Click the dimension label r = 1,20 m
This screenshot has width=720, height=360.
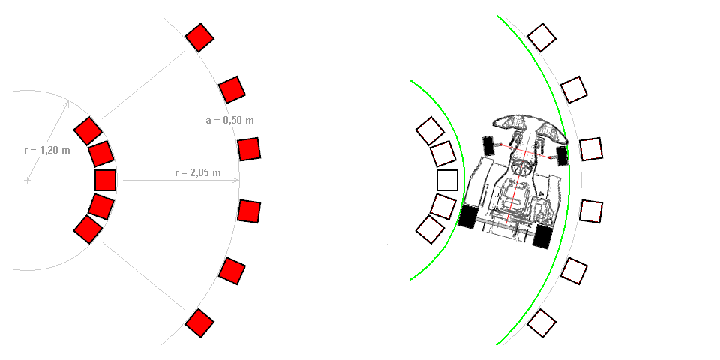coord(47,150)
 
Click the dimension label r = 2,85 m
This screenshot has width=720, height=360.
coord(198,173)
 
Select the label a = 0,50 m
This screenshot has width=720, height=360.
coord(229,120)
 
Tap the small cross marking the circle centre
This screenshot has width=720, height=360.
coord(28,181)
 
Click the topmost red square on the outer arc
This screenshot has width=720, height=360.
coord(199,37)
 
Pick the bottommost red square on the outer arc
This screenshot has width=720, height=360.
coord(199,323)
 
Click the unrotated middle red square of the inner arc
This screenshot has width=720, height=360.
coord(105,180)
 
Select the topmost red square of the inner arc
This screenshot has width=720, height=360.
coord(88,130)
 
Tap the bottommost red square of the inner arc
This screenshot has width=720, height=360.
coord(88,229)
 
